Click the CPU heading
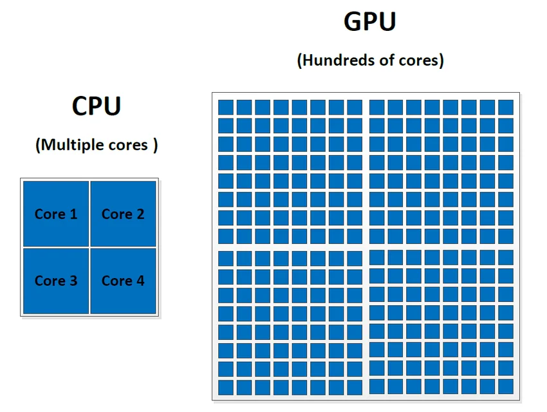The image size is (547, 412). pos(97,106)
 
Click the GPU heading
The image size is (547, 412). pos(369,22)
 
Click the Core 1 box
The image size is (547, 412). pos(56,213)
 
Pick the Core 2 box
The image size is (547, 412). pos(123,213)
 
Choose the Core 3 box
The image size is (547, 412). pos(56,280)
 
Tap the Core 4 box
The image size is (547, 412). pos(123,280)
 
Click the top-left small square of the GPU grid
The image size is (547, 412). pos(225,107)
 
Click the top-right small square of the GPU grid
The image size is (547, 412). pos(506,107)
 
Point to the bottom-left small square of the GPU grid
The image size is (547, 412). pos(225,387)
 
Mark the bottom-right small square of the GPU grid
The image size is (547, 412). pos(506,387)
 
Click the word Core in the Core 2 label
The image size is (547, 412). pos(115,214)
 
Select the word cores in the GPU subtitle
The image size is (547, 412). pos(417,61)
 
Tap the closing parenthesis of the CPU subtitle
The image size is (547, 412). pos(156,145)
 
